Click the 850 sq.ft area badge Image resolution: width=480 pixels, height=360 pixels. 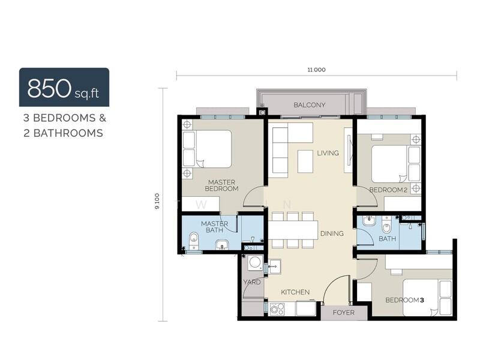coord(64,87)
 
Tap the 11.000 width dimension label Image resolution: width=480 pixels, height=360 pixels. coord(317,70)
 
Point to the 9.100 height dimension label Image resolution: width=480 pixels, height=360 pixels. coord(157,201)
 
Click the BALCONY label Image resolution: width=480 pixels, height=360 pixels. coord(309,104)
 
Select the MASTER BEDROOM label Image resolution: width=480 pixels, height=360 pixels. coord(221,185)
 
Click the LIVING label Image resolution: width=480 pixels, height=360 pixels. coord(328,153)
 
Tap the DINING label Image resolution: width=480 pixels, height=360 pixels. coord(332,233)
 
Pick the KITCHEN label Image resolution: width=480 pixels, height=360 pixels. coord(295,292)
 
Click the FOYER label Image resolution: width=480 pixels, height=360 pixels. coord(343,313)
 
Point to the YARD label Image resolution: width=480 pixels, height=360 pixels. coord(252,282)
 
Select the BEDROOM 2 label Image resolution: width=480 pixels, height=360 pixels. coord(388,190)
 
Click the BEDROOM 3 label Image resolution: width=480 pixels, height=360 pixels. coord(404,300)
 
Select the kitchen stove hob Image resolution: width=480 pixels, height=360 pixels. coord(277,308)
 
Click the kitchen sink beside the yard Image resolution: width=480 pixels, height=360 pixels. coord(275,266)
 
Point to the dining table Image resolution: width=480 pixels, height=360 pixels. coord(293,230)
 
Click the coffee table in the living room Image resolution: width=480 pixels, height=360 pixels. coord(305,161)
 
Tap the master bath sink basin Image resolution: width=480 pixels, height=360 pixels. coord(222,245)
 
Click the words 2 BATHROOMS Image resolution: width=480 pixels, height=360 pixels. coord(63,133)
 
